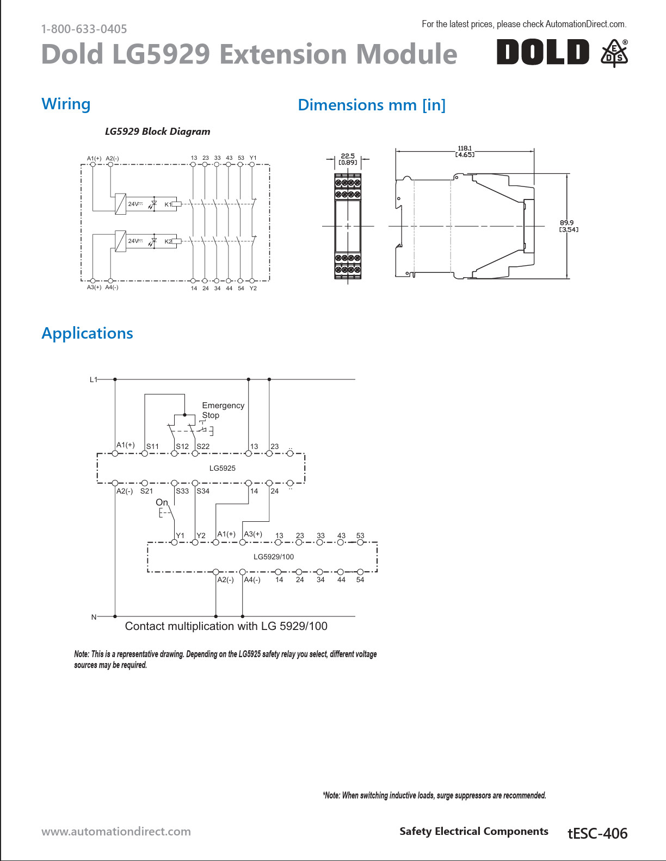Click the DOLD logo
[x=542, y=52]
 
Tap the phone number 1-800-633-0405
[x=84, y=29]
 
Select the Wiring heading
[x=66, y=103]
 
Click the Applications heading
[x=87, y=333]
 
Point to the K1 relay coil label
[x=168, y=204]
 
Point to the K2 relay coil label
[x=168, y=241]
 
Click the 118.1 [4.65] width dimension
[x=465, y=151]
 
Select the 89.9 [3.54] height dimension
[x=569, y=226]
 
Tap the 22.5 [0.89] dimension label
[x=348, y=159]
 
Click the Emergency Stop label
[x=223, y=410]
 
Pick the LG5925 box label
[x=223, y=468]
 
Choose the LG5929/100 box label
[x=274, y=557]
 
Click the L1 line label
[x=93, y=379]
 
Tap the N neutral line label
[x=94, y=617]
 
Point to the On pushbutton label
[x=162, y=502]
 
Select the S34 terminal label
[x=203, y=491]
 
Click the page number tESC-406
[x=597, y=833]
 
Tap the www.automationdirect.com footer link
[x=116, y=831]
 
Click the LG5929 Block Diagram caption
[x=157, y=132]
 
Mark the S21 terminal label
[x=146, y=491]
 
